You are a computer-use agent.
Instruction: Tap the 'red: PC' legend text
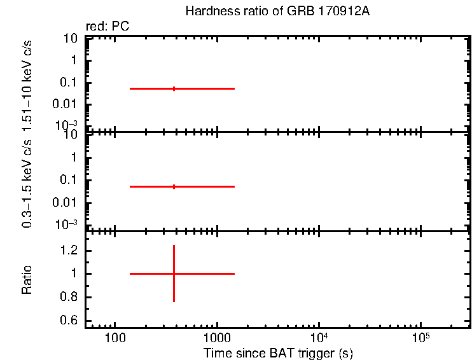[112, 27]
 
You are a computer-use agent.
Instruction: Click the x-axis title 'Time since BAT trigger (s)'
[278, 352]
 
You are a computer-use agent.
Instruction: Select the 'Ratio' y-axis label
[27, 279]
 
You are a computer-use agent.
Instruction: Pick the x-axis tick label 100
[115, 336]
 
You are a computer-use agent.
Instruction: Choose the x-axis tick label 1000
[217, 336]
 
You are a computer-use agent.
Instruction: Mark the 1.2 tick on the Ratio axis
[69, 251]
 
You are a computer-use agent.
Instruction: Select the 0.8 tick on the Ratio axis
[69, 297]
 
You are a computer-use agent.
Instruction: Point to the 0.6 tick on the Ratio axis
[69, 320]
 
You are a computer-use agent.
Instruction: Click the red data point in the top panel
[174, 88]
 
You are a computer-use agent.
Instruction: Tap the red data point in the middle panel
[174, 186]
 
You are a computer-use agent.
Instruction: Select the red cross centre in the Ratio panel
[174, 273]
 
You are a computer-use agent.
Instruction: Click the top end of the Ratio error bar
[174, 246]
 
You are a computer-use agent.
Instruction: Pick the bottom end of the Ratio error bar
[174, 301]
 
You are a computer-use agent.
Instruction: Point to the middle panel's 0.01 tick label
[66, 203]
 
